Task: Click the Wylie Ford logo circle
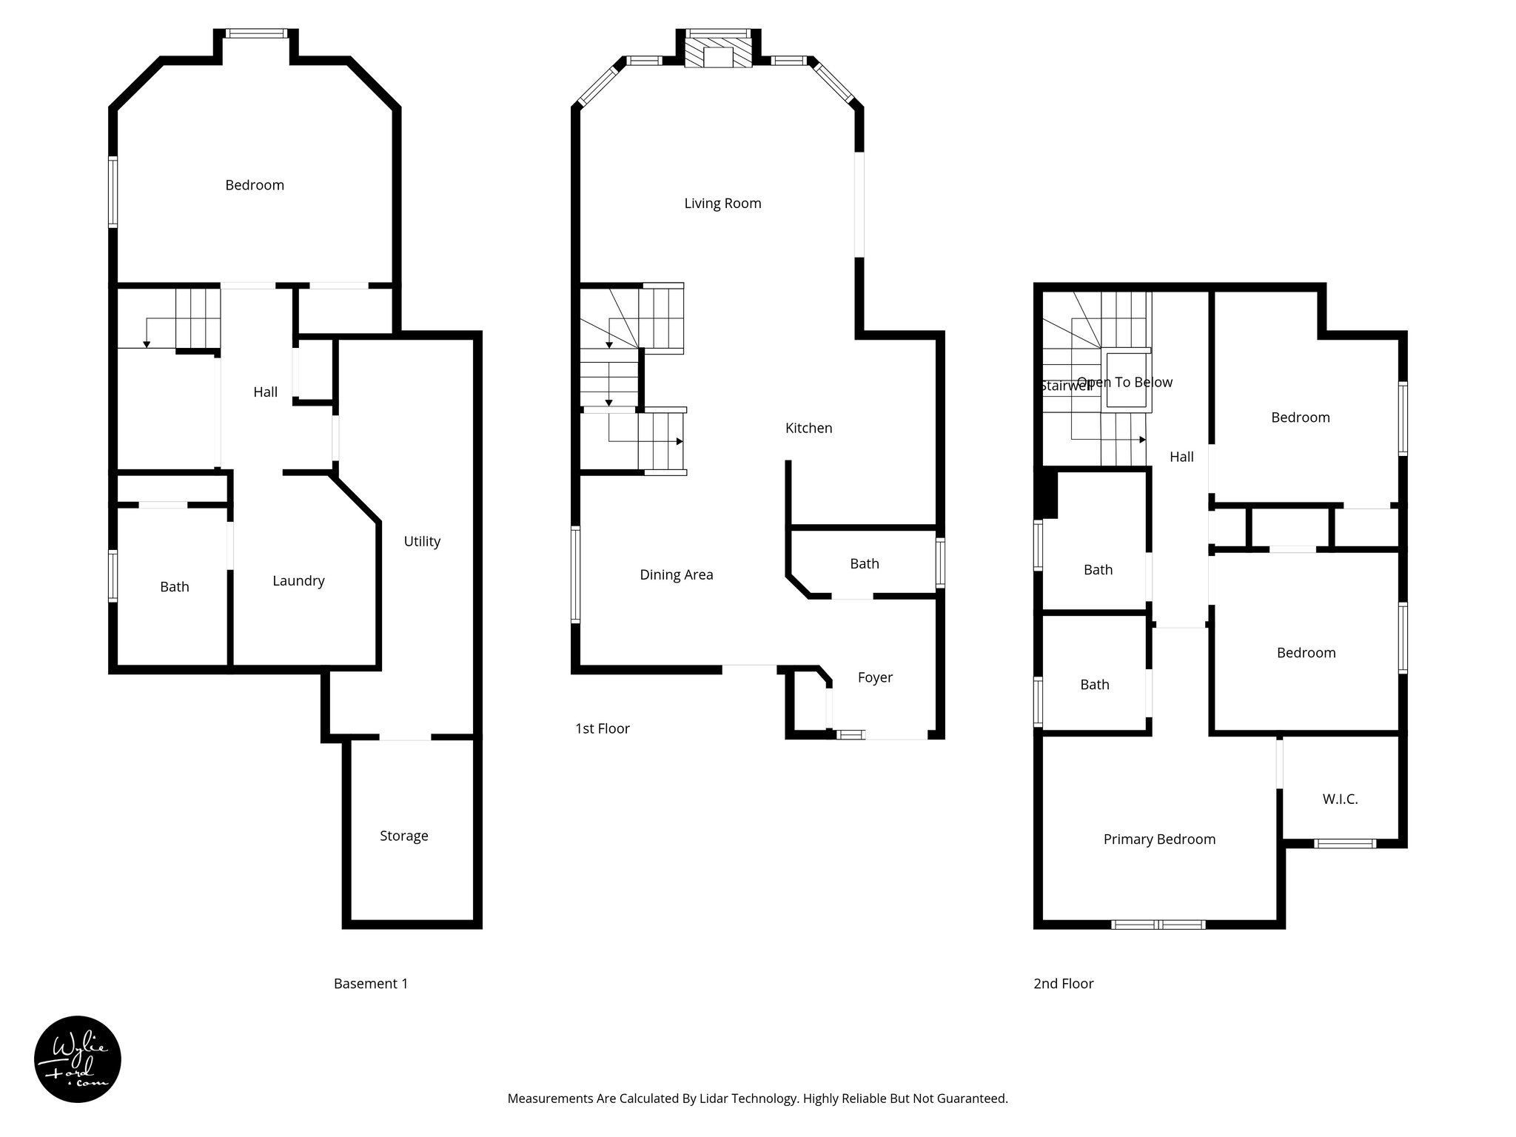pos(77,1059)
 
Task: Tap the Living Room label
pos(722,204)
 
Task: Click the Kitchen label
pos(808,428)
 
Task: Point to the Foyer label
pos(875,677)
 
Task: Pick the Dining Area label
pos(677,574)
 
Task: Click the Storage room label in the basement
pos(403,836)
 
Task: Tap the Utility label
pos(422,541)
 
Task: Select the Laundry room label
pos(298,581)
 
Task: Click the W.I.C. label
pos(1340,799)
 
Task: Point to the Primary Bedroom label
pos(1159,839)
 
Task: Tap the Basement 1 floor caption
pos(370,984)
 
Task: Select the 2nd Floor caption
pos(1063,984)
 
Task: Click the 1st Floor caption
pos(602,728)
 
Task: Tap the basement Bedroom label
pos(255,185)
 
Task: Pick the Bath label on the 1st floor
pos(864,564)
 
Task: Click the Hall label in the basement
pos(265,392)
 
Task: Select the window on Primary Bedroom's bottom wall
pos(1158,925)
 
